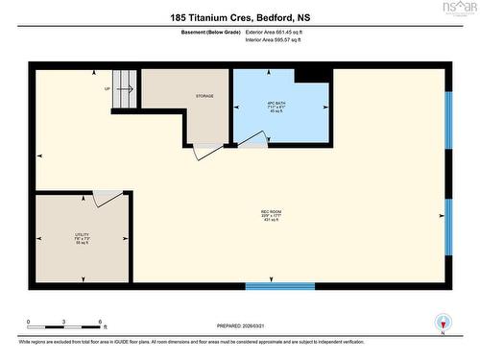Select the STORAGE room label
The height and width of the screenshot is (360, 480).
pos(204,96)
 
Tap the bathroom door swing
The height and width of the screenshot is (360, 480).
pos(252,141)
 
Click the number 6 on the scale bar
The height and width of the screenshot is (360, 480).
pos(100,322)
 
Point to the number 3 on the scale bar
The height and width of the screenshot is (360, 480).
pos(64,322)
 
